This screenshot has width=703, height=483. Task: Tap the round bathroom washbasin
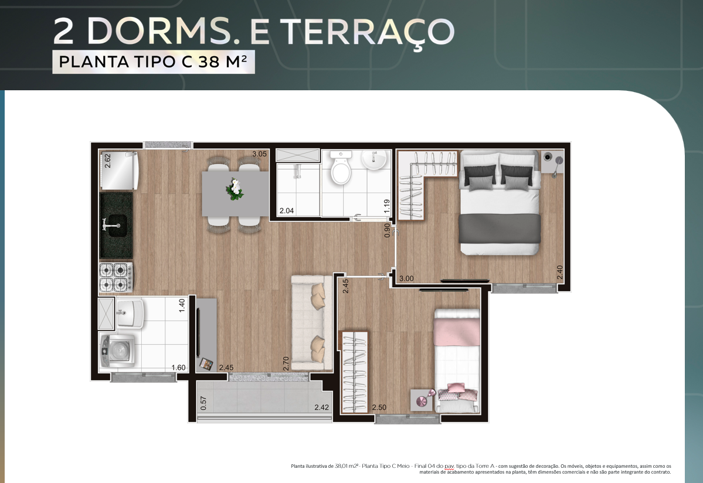[374, 160]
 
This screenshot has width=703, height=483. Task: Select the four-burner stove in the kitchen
[116, 277]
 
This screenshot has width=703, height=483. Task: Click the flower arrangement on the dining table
[235, 189]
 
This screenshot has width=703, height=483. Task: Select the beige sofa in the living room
[311, 322]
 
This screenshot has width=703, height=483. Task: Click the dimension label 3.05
[259, 154]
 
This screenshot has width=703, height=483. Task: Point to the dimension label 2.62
[107, 161]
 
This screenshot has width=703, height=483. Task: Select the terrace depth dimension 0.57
[203, 403]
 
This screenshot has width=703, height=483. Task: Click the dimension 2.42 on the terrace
[321, 407]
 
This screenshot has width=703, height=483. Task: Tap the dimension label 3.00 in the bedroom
[406, 278]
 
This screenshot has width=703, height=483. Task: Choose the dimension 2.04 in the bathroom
[287, 210]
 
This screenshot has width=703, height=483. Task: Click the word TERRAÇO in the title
[368, 32]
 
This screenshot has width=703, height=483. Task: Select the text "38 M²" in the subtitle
[222, 62]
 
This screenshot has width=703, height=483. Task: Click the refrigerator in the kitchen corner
[119, 170]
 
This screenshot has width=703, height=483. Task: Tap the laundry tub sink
[129, 312]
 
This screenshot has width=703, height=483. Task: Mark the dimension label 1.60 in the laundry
[178, 368]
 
